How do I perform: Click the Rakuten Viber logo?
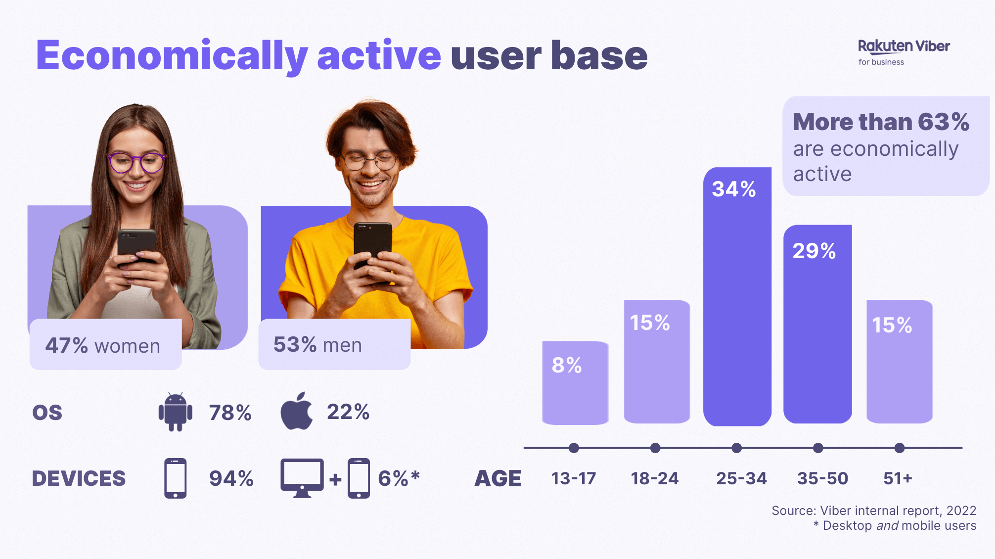click(903, 51)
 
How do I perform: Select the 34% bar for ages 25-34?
click(737, 297)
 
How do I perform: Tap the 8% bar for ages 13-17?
click(575, 383)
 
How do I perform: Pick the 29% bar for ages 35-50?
click(817, 324)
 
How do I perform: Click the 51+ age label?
click(898, 478)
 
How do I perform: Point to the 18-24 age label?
click(655, 478)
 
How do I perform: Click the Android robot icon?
click(175, 412)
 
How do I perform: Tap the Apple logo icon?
click(297, 411)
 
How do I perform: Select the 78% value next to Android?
click(230, 413)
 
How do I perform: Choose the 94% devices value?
click(231, 478)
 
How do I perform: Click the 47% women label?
click(103, 345)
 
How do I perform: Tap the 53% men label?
click(317, 345)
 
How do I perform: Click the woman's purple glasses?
click(136, 162)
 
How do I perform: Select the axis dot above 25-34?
click(736, 448)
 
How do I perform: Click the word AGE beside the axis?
click(497, 478)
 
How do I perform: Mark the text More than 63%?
click(880, 122)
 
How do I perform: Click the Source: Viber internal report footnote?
click(873, 511)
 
